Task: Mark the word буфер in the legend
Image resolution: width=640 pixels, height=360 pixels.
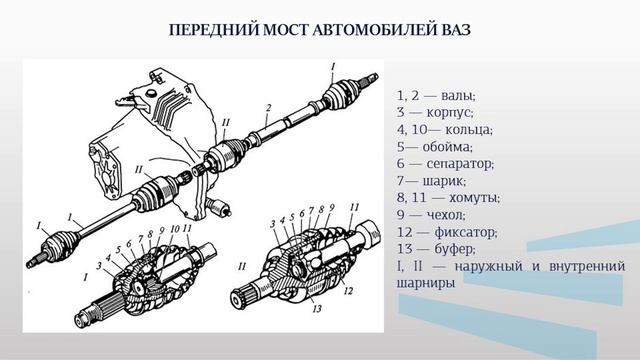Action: [x=460, y=248]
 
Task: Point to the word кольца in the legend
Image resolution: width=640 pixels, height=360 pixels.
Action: [x=470, y=129]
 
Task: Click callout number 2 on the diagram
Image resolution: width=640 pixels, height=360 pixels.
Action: [x=270, y=107]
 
